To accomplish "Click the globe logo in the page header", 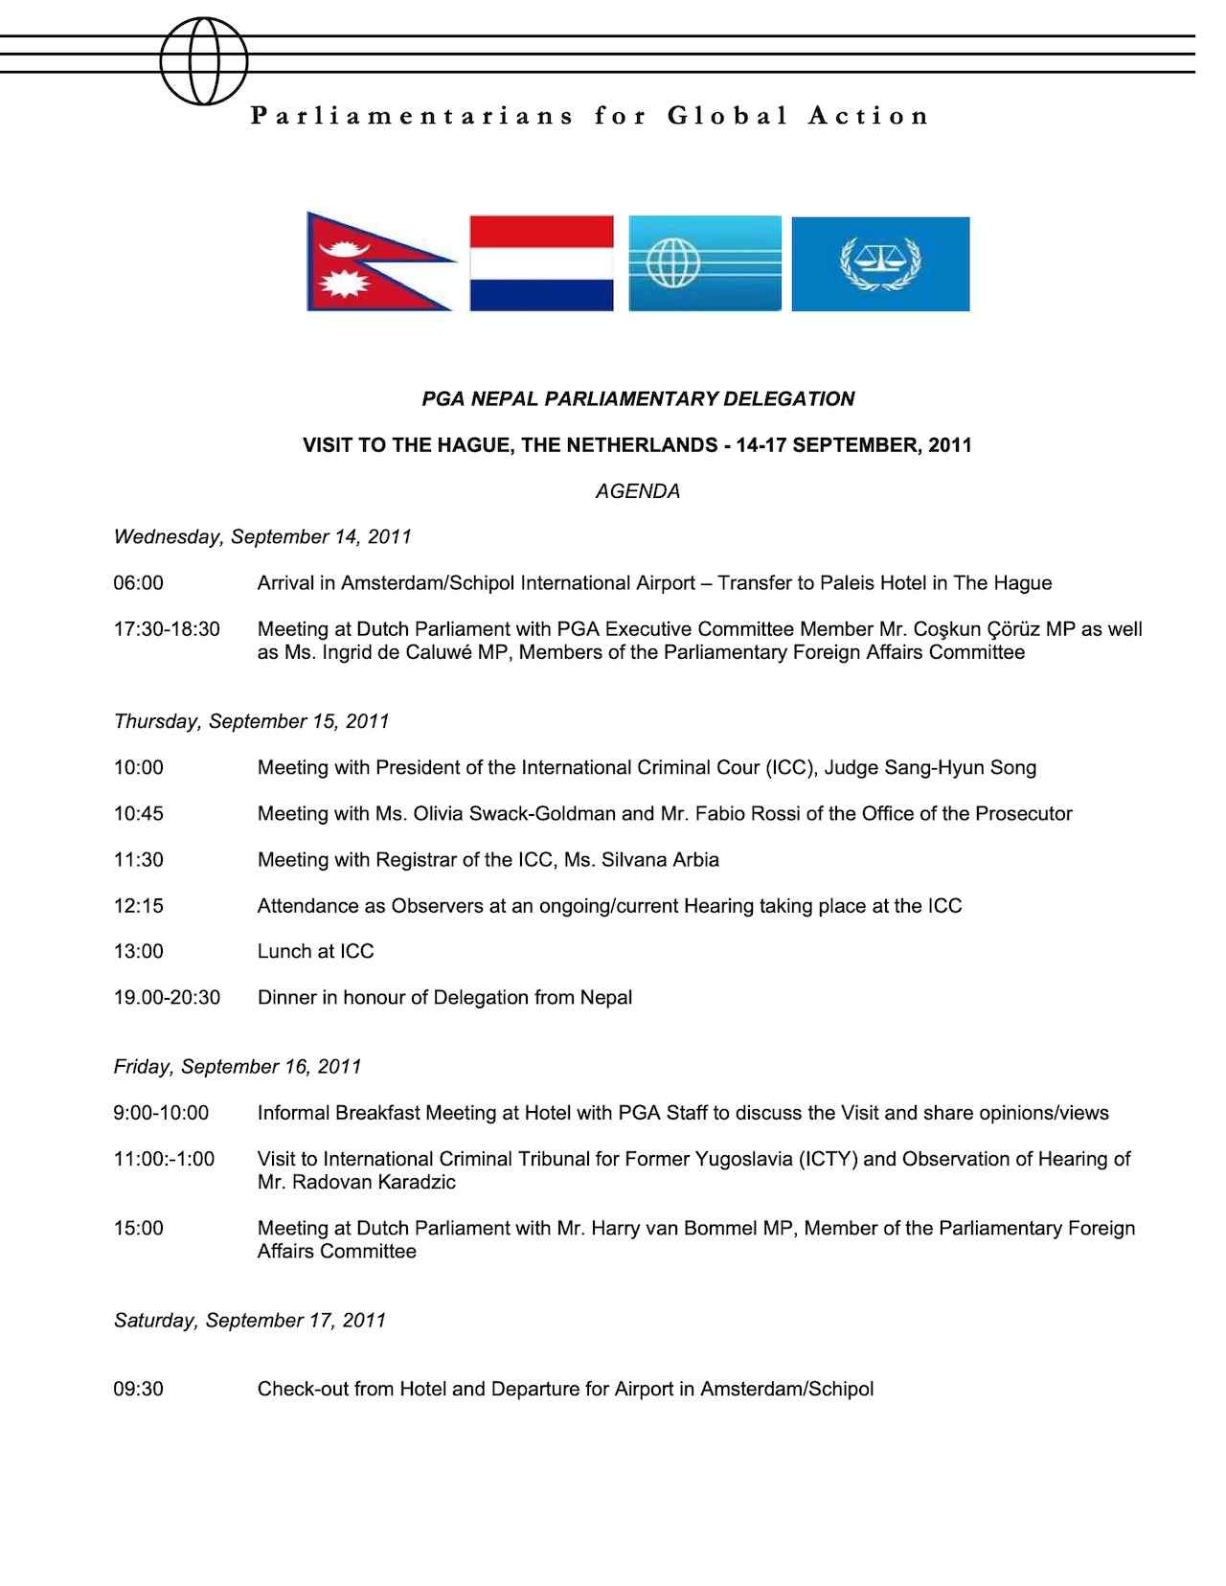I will click(204, 61).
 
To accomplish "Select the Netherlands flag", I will click(541, 263).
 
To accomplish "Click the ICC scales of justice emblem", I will click(880, 263).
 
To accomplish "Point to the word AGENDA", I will click(637, 491).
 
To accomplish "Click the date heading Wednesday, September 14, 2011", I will click(262, 536).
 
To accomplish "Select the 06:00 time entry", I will click(139, 583).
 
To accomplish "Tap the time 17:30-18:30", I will click(167, 629).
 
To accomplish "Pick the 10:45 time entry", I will click(139, 813).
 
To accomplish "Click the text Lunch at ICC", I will click(315, 951).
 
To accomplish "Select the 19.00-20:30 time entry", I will click(167, 997).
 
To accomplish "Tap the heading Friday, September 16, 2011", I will click(238, 1066).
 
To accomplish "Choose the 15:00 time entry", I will click(139, 1228).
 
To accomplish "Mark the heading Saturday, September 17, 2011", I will click(250, 1320).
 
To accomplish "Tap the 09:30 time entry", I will click(139, 1389).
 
